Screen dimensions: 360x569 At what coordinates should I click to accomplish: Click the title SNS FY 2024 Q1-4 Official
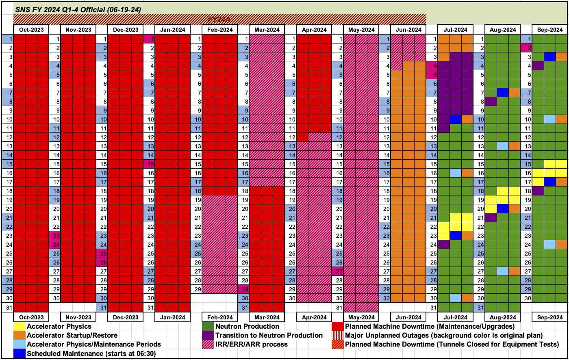click(x=78, y=9)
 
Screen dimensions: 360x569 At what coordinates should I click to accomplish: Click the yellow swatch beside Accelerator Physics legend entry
click(x=19, y=326)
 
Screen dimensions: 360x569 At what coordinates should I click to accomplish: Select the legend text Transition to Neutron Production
click(x=269, y=335)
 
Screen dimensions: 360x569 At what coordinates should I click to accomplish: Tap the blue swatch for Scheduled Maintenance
click(x=19, y=353)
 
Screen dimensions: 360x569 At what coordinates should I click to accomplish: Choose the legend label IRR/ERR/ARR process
click(x=251, y=344)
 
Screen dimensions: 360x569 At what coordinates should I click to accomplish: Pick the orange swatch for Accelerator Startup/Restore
click(x=19, y=335)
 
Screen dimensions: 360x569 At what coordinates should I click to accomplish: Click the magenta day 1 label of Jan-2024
click(x=149, y=39)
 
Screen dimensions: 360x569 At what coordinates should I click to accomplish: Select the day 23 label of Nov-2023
click(x=55, y=236)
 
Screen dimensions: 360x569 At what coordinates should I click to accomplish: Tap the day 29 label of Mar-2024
click(x=243, y=289)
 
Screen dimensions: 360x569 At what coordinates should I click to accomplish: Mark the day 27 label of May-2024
click(x=338, y=271)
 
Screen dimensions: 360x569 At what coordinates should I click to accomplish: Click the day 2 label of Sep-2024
click(x=526, y=48)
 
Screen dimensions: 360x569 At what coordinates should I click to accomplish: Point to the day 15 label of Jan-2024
click(x=149, y=164)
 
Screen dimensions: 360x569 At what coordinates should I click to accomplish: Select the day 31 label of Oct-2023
click(x=8, y=307)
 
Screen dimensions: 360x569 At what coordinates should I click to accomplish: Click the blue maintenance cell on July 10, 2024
click(x=456, y=119)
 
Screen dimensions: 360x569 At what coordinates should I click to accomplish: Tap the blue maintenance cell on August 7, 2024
click(x=503, y=93)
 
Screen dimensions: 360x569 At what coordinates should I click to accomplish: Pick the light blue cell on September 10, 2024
click(x=550, y=119)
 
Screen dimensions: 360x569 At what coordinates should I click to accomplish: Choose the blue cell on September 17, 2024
click(x=550, y=182)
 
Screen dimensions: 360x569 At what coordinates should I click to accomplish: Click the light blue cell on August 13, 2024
click(x=503, y=146)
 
